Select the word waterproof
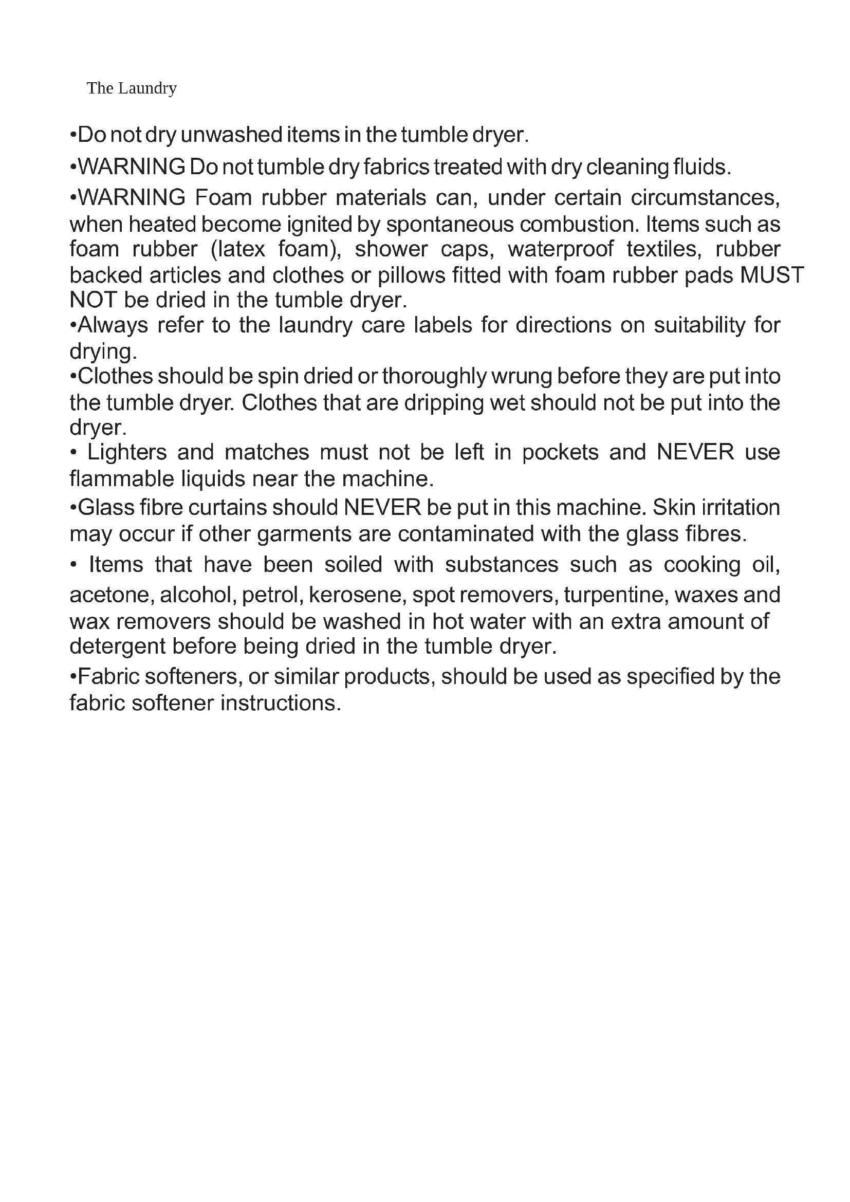tap(561, 249)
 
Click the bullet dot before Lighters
tap(73, 453)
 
